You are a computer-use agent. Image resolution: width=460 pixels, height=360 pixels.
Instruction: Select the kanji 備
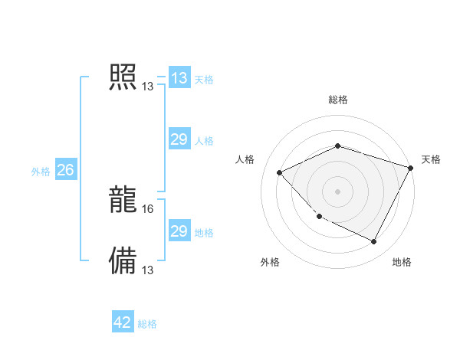123,260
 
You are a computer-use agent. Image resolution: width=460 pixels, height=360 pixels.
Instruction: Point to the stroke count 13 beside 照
147,87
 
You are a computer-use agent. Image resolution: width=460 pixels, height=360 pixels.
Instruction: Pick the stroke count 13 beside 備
148,270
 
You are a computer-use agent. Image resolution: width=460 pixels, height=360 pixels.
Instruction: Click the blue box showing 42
123,322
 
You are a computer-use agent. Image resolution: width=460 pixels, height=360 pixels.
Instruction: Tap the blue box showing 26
65,170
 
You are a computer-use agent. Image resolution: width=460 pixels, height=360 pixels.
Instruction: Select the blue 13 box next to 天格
179,78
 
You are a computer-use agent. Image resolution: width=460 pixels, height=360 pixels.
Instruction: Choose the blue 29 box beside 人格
179,139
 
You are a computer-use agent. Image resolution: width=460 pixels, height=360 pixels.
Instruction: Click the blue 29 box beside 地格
179,231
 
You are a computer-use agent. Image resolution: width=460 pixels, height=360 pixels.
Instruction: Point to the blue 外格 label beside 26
41,172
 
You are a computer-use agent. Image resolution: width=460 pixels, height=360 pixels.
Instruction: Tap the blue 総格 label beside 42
147,324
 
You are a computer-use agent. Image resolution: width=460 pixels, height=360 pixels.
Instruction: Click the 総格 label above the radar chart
337,100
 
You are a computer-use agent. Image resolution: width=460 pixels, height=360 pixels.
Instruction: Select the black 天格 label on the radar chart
431,159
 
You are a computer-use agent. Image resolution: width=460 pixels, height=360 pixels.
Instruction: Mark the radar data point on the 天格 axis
412,167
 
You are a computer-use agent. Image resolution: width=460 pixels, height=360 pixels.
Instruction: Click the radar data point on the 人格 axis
280,172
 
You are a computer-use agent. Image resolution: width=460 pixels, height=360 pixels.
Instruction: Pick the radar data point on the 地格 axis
374,242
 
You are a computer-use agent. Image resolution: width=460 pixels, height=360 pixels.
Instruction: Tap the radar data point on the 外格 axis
319,217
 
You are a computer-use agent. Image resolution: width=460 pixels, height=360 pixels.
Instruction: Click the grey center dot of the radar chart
337,191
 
